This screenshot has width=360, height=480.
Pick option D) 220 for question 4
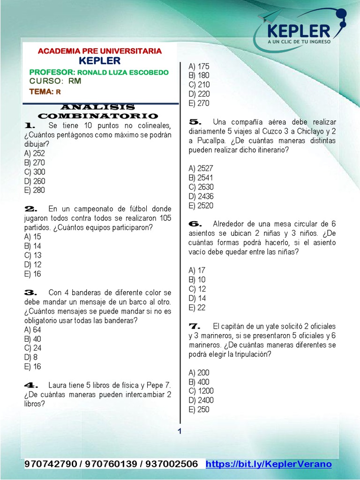[199, 94]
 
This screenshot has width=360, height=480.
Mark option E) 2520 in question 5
[201, 205]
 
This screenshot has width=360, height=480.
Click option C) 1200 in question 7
[201, 391]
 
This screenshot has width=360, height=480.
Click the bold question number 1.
[30, 126]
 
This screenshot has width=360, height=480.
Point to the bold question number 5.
[195, 121]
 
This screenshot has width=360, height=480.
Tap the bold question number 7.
[195, 326]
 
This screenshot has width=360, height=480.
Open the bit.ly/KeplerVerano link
[269, 464]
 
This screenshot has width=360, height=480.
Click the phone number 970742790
[51, 464]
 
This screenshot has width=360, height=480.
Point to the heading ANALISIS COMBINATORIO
[98, 112]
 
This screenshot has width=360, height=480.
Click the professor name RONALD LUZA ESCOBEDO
[122, 72]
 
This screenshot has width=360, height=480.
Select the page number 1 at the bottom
[179, 431]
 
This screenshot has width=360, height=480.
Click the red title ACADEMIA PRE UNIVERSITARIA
[99, 51]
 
